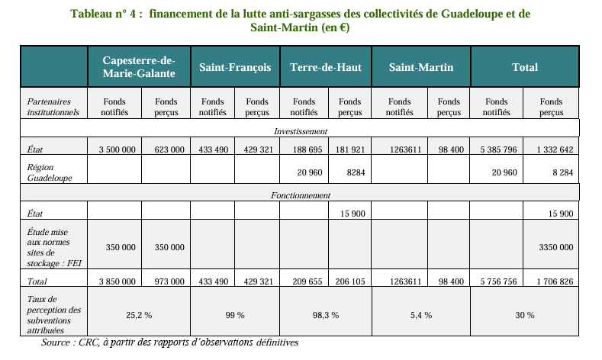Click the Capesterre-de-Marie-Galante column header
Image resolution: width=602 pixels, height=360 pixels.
[139, 67]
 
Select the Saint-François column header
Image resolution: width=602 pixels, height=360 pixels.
[235, 67]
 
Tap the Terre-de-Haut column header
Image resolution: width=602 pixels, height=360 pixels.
[326, 67]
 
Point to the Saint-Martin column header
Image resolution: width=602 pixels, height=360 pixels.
[420, 67]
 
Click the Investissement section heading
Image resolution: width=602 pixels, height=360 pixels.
[301, 131]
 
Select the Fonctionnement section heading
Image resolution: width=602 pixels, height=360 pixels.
[301, 195]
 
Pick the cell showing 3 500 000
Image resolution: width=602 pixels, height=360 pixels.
[117, 149]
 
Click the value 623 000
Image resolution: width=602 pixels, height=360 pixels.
[169, 149]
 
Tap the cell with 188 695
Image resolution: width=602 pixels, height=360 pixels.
[307, 149]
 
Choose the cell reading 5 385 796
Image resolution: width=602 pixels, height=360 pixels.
[498, 149]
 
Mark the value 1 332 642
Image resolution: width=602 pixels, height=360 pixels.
[555, 149]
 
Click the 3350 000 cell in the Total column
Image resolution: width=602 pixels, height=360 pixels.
[556, 247]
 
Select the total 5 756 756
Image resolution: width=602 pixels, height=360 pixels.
[498, 281]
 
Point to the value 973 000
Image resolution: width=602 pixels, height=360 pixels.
[169, 281]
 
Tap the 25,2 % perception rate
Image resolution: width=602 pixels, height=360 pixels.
[139, 315]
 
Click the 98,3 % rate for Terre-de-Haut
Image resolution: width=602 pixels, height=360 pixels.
[326, 315]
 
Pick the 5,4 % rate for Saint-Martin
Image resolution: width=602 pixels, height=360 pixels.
[421, 315]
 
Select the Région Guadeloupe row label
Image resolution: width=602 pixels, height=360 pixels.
[50, 172]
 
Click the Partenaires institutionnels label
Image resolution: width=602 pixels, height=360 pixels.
[53, 107]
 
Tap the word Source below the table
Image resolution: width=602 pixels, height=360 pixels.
[56, 342]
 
